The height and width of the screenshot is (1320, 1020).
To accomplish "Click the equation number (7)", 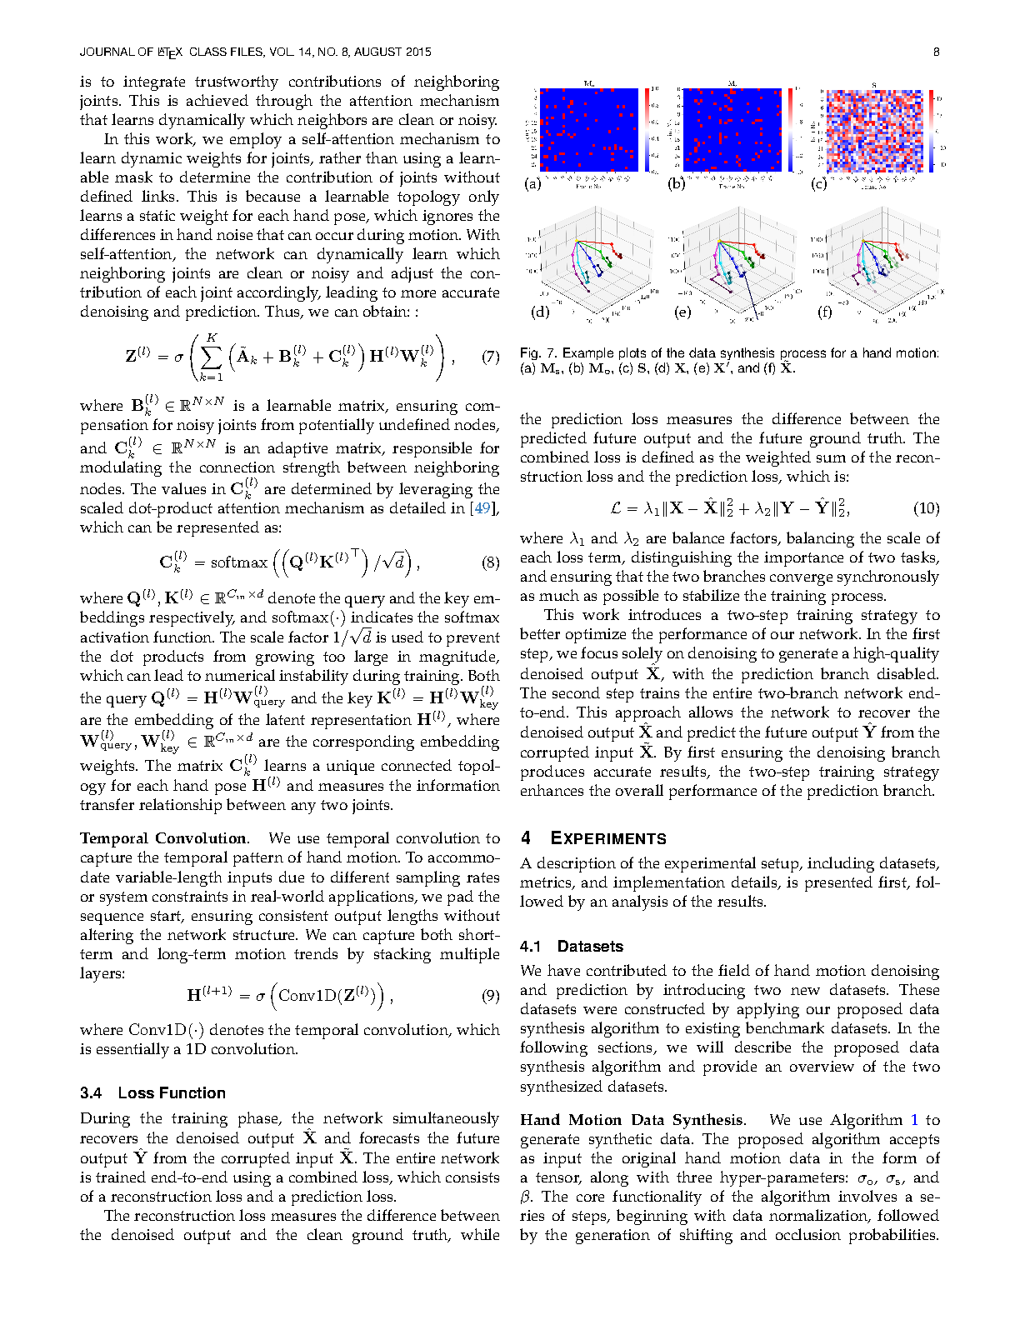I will click(x=490, y=357).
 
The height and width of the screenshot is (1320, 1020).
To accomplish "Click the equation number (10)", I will click(x=926, y=508).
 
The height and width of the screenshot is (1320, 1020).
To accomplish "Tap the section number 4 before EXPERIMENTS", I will click(x=526, y=838).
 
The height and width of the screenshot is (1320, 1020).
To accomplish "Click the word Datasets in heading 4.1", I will click(x=590, y=946).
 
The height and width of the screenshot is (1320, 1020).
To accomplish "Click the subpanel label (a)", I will click(x=532, y=183).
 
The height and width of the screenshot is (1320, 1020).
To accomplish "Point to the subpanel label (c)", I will click(x=819, y=183).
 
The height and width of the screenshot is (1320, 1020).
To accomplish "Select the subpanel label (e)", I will click(x=682, y=312).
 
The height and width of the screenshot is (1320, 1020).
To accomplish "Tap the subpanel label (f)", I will click(x=825, y=312).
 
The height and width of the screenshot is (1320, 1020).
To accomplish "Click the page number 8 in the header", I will click(x=936, y=52).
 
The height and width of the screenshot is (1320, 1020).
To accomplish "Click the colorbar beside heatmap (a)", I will click(x=647, y=130).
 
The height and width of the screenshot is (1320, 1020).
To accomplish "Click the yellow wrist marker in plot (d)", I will click(x=575, y=241).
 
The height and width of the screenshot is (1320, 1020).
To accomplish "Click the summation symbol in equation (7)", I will click(x=212, y=357).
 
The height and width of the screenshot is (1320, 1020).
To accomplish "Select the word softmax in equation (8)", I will click(x=238, y=562).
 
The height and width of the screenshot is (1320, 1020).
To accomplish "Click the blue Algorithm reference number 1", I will click(x=914, y=1120).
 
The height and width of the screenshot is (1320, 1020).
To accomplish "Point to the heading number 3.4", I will click(x=91, y=1092).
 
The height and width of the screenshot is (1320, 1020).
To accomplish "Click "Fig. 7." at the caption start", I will click(x=537, y=353).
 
